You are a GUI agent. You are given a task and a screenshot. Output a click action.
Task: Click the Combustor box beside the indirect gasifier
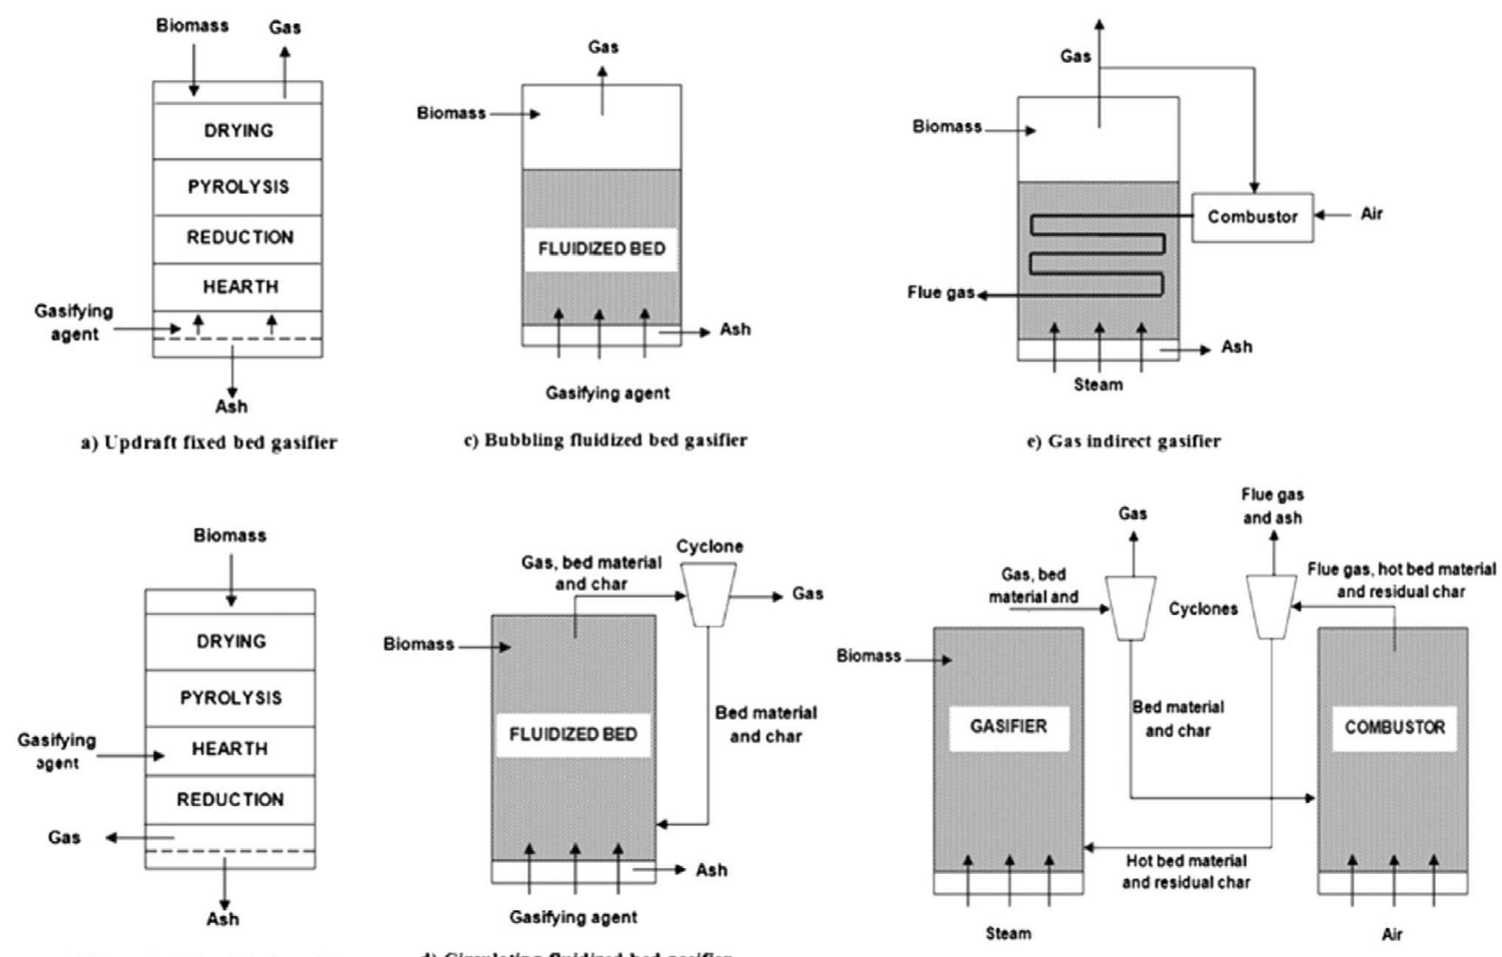[1252, 217]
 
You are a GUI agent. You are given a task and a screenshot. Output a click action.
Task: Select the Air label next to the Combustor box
[1371, 214]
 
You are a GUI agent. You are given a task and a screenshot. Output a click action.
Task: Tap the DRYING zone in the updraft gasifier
[238, 130]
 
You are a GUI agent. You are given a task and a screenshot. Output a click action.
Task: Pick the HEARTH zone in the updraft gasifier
[240, 286]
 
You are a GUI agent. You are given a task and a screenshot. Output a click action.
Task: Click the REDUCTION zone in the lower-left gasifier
[229, 799]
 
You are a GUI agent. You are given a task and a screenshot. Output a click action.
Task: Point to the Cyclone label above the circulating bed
[709, 546]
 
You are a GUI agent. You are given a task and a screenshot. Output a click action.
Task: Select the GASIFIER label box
[1008, 728]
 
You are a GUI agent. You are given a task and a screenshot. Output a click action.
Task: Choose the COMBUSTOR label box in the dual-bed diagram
[1394, 728]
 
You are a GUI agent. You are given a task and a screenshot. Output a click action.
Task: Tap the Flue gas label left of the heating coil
[940, 292]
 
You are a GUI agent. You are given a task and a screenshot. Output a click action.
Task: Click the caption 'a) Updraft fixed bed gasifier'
[209, 443]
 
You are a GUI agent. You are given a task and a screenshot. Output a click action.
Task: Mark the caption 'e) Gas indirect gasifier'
[1123, 441]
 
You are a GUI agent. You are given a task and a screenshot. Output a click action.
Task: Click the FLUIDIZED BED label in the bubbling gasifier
[601, 249]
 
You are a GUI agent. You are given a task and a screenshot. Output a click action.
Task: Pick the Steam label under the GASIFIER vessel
[1008, 933]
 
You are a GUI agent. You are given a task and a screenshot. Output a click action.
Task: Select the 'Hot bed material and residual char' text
[1185, 871]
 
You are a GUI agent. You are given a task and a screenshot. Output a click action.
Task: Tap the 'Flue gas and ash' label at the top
[1272, 506]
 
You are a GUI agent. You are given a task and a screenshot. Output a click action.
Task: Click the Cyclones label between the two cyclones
[1203, 609]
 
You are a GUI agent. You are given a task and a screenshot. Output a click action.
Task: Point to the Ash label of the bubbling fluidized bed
[734, 329]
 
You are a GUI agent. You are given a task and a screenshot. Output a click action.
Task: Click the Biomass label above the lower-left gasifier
[229, 535]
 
